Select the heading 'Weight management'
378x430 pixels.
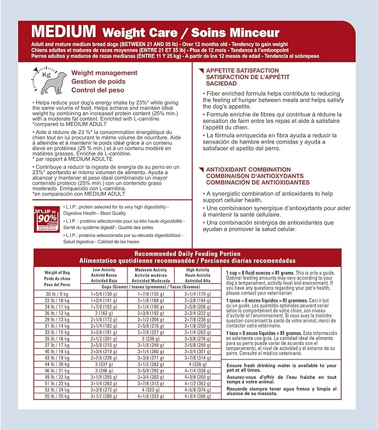point(104,73)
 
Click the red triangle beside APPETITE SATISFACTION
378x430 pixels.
point(202,70)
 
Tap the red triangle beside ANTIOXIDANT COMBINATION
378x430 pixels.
point(202,169)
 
